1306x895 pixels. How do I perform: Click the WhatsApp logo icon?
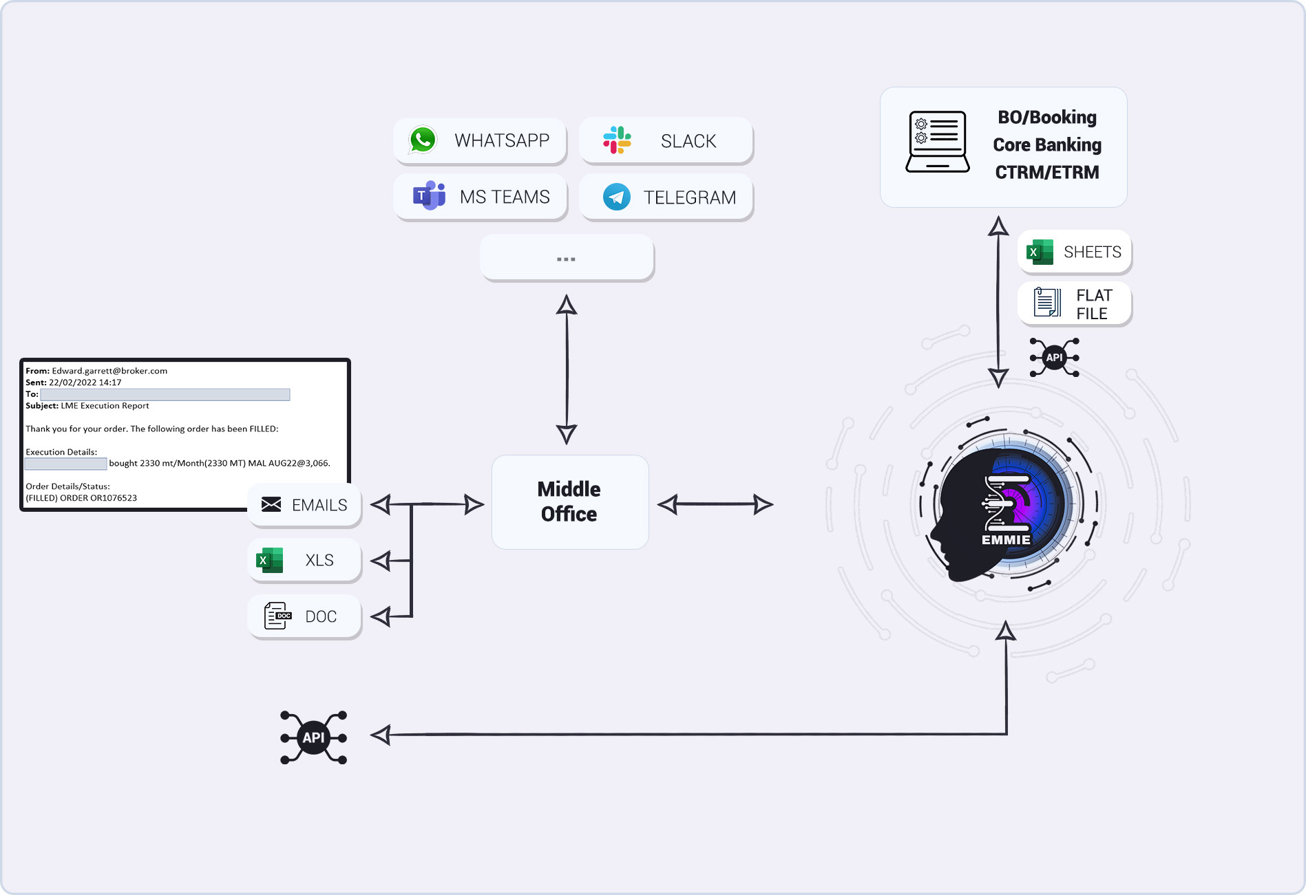(423, 140)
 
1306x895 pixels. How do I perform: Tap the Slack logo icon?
(617, 140)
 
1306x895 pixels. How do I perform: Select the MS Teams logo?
(429, 196)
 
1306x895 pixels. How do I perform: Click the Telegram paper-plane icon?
(616, 197)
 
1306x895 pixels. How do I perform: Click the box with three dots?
(567, 258)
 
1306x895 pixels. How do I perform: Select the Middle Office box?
(569, 502)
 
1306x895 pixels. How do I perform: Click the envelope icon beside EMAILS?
(271, 504)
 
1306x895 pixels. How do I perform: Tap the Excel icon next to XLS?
(270, 560)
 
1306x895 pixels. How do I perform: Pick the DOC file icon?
(277, 616)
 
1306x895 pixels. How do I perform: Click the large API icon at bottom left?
(313, 737)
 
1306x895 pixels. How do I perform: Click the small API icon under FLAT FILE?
(1054, 357)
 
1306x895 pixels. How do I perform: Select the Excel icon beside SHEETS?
(1040, 252)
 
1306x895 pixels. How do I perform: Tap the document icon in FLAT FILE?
(1047, 303)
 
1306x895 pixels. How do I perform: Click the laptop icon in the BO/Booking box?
(937, 142)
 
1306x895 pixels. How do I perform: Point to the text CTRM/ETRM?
(1046, 172)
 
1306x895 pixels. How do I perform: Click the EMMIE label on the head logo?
(1006, 540)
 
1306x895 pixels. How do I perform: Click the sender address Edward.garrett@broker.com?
(109, 371)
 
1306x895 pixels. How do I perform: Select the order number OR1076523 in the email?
(114, 498)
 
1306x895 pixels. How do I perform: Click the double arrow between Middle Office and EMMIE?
(715, 504)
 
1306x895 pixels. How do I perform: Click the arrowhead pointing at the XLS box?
(381, 561)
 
